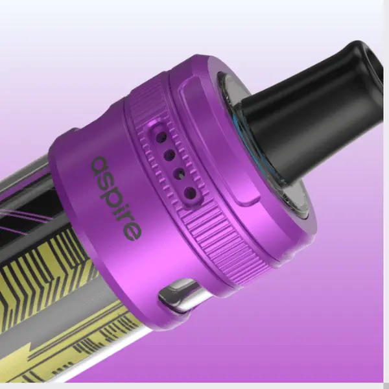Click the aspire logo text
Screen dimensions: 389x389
[x=117, y=198]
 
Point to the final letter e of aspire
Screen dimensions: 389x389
[x=133, y=232]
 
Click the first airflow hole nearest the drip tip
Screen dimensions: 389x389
[x=163, y=137]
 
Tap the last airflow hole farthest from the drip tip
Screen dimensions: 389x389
[x=191, y=193]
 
